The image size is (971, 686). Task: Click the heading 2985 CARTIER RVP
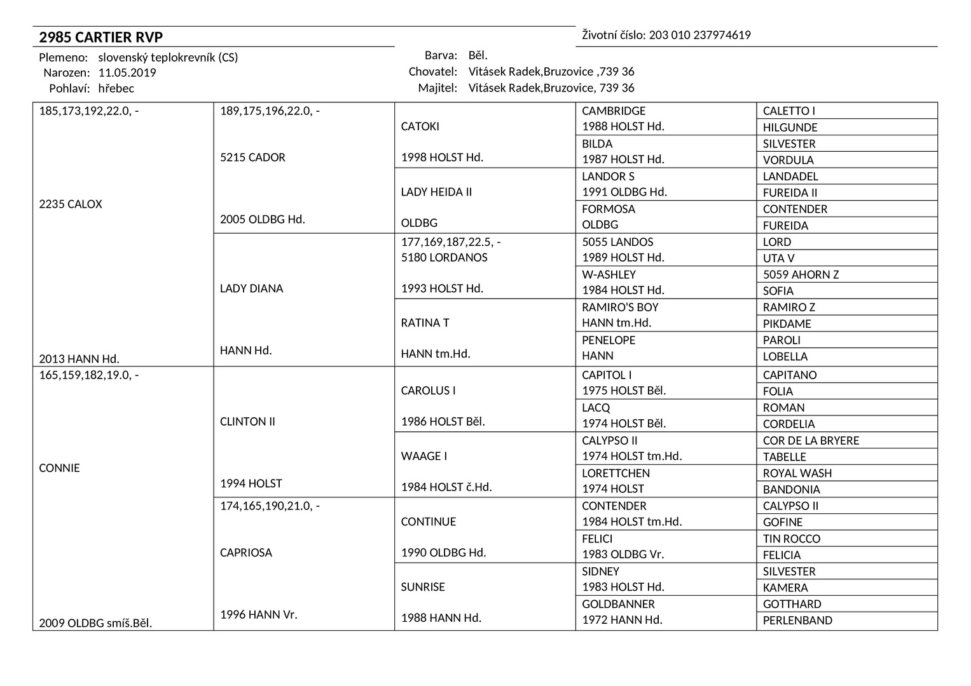coord(101,37)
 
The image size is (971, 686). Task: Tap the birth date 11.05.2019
coord(127,72)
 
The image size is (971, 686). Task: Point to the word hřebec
coord(116,88)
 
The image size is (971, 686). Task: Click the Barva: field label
coord(441,55)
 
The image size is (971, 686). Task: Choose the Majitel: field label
coord(437,88)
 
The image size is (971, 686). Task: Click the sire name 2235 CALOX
coord(71,205)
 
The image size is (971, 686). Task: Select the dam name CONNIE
coord(60,468)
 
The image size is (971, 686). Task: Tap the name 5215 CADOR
coord(252,158)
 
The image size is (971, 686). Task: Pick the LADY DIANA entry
coord(252,288)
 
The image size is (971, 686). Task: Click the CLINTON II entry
coord(247,422)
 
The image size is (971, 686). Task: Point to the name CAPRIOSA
coord(246,553)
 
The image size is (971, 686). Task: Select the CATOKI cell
coord(420,126)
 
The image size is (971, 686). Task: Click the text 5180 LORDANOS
coord(444,257)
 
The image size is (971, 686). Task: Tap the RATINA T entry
coord(425,323)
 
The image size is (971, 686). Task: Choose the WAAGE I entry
coord(424,456)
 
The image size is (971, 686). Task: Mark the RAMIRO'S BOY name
coord(620,307)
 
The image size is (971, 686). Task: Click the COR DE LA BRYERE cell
coord(811,441)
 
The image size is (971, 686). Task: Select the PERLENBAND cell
coord(797,621)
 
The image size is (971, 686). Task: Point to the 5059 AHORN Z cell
coord(801,275)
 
